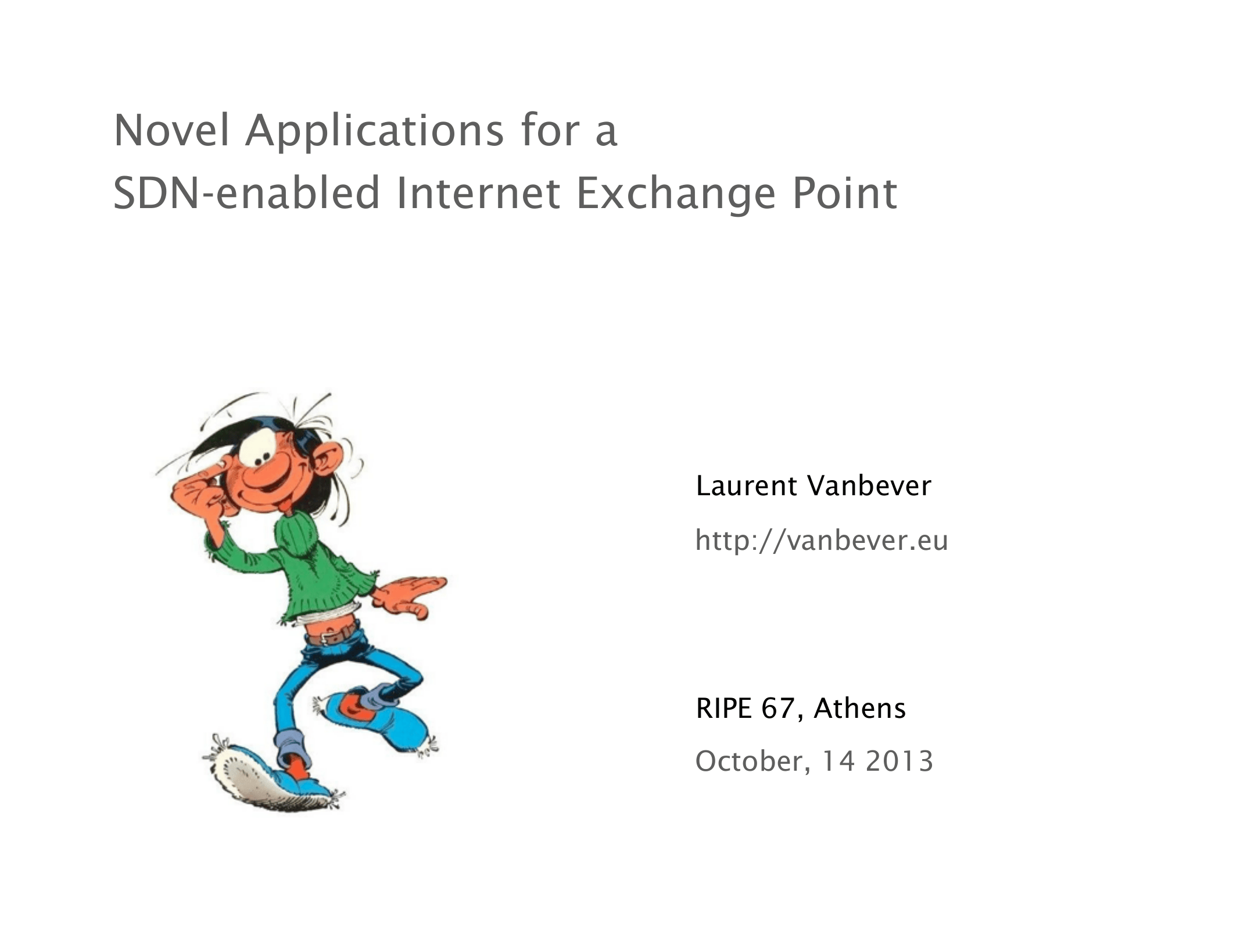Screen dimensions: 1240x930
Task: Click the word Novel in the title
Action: tap(171, 130)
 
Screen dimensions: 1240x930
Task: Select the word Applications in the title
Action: tap(375, 133)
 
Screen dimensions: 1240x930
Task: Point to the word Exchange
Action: tap(676, 195)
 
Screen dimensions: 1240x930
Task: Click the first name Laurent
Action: tap(746, 486)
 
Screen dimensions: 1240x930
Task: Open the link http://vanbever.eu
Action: tap(822, 541)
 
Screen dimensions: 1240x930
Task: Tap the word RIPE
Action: tap(724, 708)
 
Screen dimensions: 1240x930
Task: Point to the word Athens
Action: tap(860, 708)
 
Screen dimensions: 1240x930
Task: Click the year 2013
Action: tap(899, 761)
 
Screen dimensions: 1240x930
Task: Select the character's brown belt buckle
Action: tap(332, 638)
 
